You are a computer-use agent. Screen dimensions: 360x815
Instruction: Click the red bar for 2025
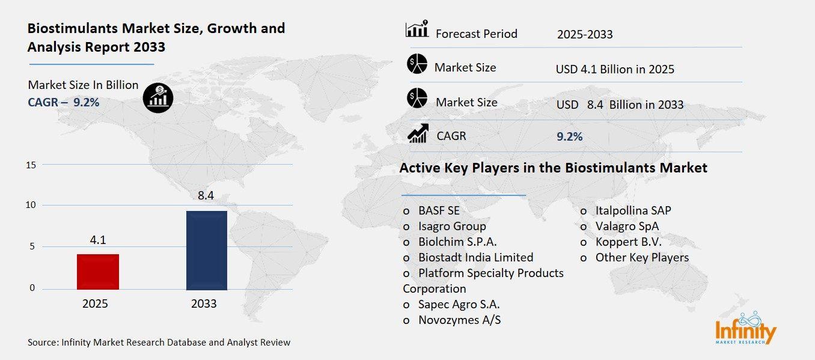tap(97, 272)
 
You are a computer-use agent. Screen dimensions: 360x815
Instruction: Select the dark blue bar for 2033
tap(206, 250)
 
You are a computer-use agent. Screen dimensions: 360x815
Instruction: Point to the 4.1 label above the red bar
tap(97, 240)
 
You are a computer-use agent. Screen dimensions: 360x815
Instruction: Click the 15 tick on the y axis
tap(31, 165)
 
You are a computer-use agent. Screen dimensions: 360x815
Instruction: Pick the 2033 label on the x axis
tap(204, 304)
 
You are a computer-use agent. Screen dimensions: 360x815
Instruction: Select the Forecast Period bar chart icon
tap(417, 29)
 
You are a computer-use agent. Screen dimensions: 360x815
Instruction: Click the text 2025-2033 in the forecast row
tap(584, 34)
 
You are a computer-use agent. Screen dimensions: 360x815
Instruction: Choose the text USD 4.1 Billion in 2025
tap(614, 69)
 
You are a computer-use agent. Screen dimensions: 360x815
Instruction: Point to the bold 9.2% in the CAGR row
tap(569, 136)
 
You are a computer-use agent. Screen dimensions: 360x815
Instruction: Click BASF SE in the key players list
tap(439, 211)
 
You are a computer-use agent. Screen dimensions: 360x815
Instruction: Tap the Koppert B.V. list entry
tap(628, 242)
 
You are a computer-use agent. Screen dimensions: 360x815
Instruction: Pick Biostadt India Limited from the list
tap(475, 257)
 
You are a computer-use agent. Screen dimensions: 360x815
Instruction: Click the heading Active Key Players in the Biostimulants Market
tap(553, 168)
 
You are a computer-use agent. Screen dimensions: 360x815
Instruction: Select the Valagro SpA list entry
tap(627, 226)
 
